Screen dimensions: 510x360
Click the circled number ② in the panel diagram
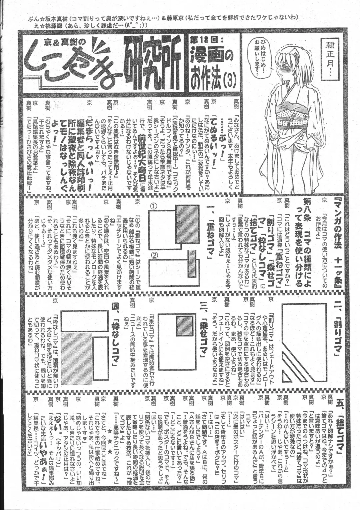[154, 256]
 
